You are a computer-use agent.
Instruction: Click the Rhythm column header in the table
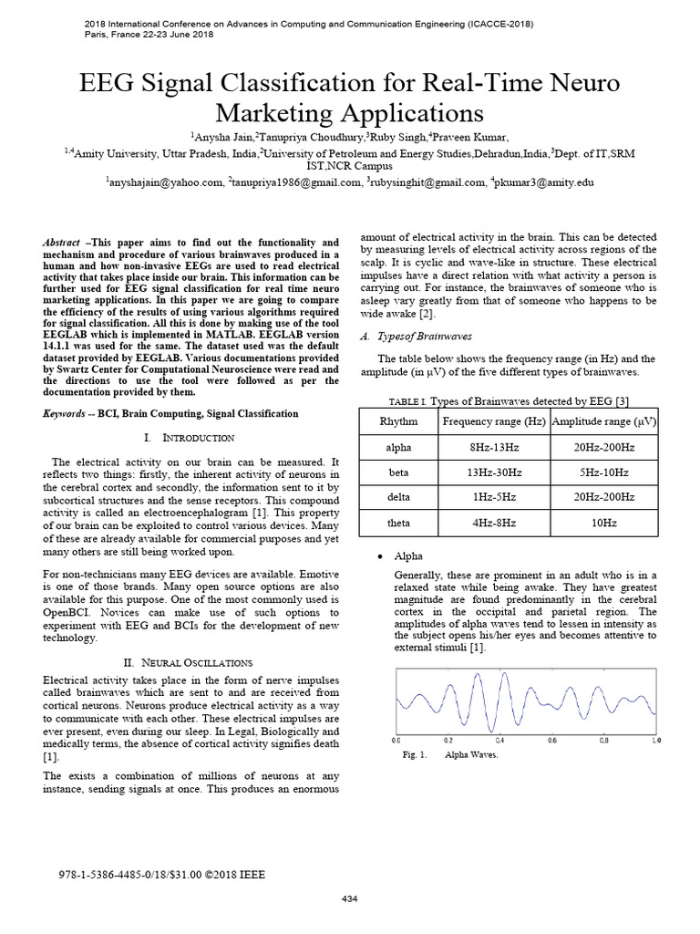pos(400,420)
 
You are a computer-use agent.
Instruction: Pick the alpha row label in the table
pos(400,448)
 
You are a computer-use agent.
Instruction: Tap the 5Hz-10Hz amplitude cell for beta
pos(604,473)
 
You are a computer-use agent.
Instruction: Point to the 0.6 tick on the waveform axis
pos(551,741)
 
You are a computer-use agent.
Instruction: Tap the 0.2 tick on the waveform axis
pos(448,741)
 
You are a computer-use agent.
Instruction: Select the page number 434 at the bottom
pos(349,900)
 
